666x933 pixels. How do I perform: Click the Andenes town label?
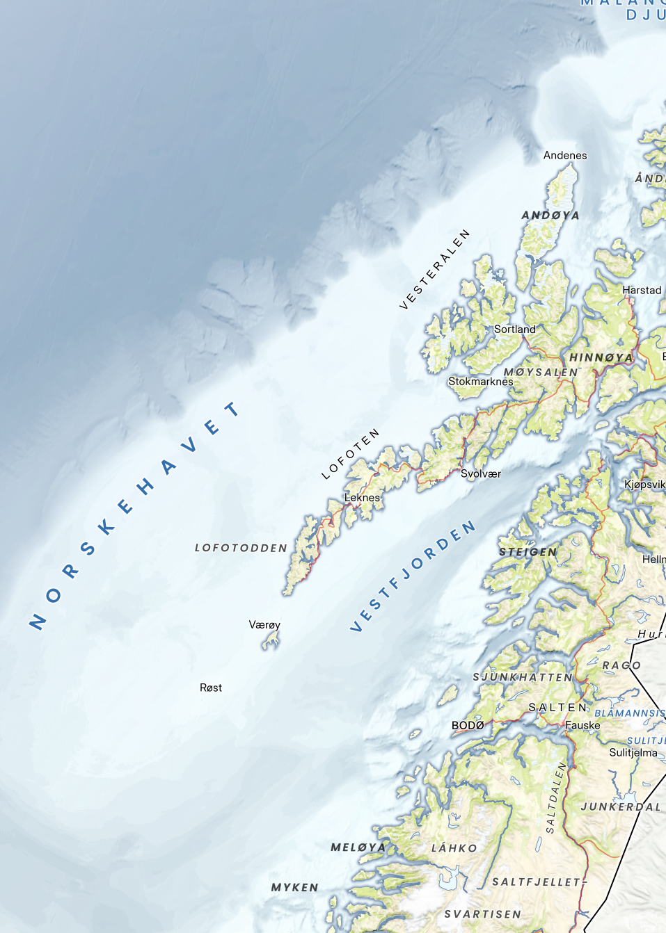coord(565,156)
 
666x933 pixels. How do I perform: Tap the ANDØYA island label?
coord(550,216)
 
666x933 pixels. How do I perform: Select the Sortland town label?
coord(515,330)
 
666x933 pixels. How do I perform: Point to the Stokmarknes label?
coord(480,382)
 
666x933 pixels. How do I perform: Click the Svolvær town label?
coord(481,474)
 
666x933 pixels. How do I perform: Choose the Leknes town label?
coord(363,498)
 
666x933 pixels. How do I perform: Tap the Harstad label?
coord(642,291)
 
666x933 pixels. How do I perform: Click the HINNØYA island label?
coord(601,358)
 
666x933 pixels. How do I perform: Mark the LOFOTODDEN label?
coord(241,549)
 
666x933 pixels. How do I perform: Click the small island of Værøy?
coord(271,640)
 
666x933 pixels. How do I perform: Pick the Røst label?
coord(211,688)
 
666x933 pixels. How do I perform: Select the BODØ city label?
coord(468,726)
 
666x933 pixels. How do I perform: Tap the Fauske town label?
coord(582,726)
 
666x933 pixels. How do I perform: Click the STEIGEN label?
coord(528,553)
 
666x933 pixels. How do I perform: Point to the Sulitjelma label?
coord(633,753)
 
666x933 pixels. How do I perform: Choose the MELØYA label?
coord(358,847)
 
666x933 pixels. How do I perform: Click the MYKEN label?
coord(294,888)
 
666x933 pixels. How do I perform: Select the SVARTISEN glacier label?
coord(483,914)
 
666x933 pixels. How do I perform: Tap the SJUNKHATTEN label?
coord(523,677)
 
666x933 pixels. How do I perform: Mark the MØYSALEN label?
coord(541,373)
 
